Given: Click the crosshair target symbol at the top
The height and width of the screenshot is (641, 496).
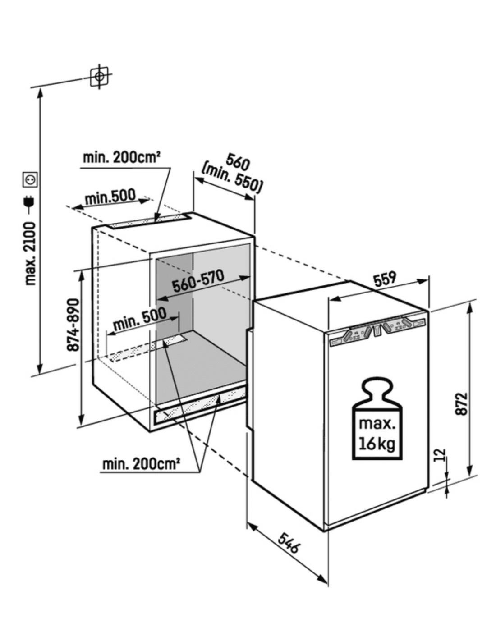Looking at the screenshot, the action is tap(100, 76).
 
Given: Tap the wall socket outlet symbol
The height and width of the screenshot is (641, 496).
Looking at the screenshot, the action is tap(30, 179).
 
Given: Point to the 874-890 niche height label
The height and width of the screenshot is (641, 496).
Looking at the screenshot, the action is tap(73, 325).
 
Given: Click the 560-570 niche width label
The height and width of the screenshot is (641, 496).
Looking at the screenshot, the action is tap(198, 280).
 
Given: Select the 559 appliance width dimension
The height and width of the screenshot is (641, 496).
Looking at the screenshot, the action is tap(385, 279).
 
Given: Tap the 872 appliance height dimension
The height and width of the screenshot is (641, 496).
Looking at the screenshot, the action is tap(462, 404).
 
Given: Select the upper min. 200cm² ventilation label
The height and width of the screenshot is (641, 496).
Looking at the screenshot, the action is tap(122, 158).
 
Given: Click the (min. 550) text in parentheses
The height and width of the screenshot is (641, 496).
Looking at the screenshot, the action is tap(232, 179).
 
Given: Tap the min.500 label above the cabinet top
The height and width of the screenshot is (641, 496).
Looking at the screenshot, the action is tap(110, 196).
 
